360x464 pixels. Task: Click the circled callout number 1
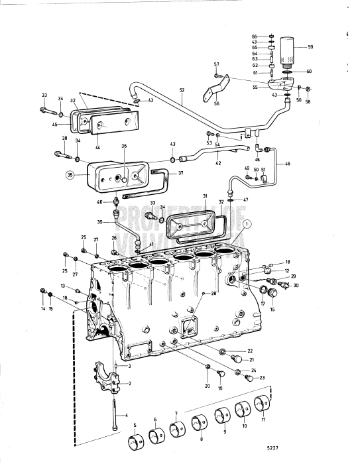[247, 224]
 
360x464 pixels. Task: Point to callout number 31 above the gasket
[206, 197]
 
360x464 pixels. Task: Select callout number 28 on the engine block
[214, 293]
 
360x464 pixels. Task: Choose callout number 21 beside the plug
[251, 359]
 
